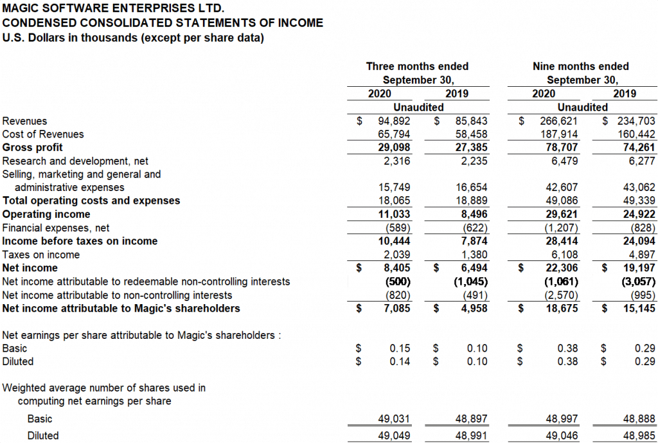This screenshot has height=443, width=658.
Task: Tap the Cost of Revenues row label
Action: tap(43, 134)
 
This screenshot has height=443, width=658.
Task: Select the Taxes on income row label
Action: tap(41, 255)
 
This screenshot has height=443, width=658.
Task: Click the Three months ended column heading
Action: tap(417, 66)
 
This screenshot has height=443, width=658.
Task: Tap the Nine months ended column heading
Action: tap(581, 66)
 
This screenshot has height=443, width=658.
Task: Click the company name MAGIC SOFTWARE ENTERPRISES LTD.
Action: tap(114, 9)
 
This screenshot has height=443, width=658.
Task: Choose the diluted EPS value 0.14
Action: tap(400, 361)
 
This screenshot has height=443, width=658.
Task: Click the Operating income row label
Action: tap(46, 214)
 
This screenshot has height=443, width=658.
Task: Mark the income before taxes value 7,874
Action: tap(474, 241)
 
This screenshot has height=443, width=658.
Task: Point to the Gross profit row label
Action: tap(33, 147)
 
